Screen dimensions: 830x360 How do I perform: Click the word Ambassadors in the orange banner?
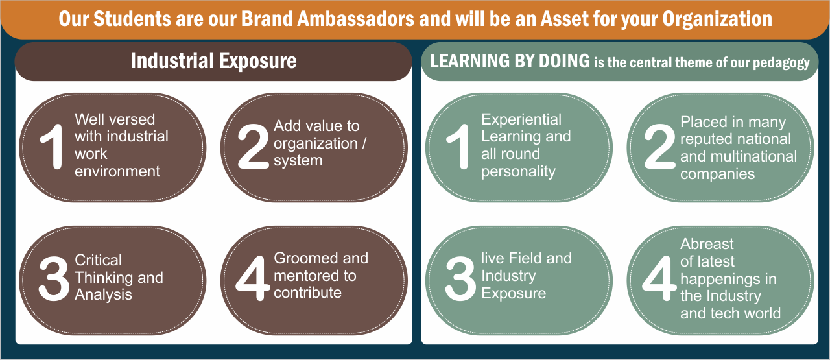point(355,19)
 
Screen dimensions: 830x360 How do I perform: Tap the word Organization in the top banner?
point(717,20)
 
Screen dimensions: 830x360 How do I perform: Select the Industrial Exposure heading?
point(213,61)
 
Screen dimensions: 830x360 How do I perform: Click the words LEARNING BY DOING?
point(510,61)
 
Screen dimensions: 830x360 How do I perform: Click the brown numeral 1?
point(53,147)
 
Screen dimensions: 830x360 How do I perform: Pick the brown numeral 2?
point(253,147)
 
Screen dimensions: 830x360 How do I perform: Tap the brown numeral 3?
point(54,278)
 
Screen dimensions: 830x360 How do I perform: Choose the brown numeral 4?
point(253,278)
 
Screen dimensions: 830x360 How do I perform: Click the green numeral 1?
point(458,147)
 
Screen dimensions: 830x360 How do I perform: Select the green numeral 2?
point(659,147)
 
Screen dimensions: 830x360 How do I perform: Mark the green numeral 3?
point(460,278)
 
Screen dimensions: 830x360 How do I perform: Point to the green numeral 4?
point(659,278)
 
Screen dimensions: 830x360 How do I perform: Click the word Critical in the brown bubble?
point(98,260)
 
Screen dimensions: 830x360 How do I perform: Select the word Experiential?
point(521,119)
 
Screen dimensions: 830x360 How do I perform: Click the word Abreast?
point(707,244)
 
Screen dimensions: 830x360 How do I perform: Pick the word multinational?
point(755,156)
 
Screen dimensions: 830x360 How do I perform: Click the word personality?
point(518,172)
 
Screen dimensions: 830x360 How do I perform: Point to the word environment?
point(117,172)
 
